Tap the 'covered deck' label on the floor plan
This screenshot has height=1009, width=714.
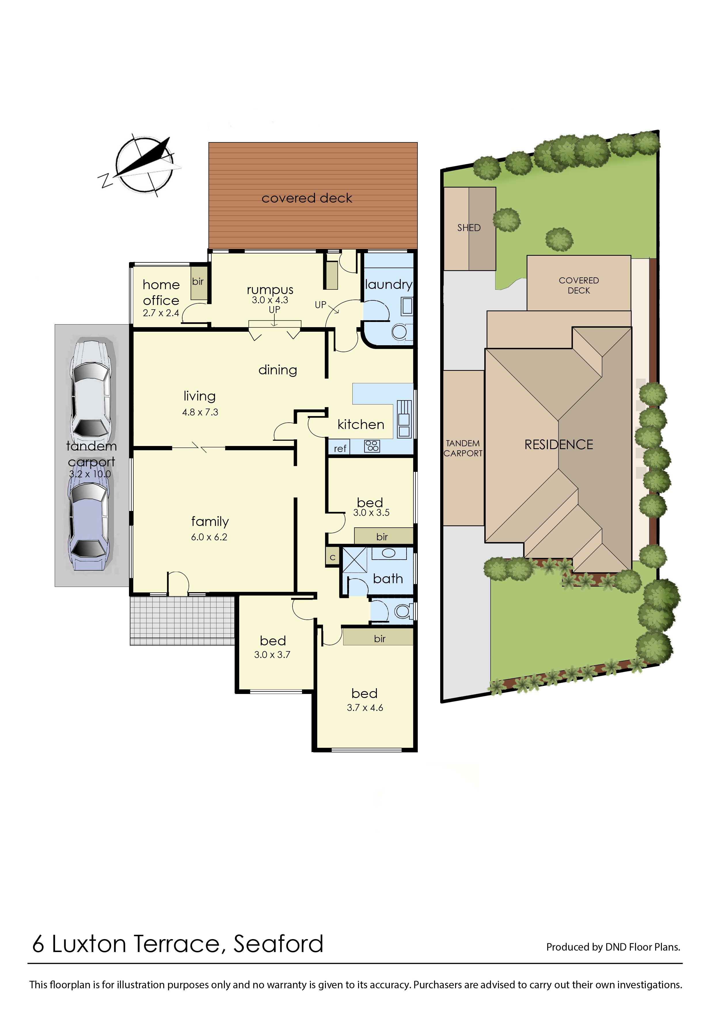(307, 198)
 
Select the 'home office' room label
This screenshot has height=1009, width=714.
(161, 293)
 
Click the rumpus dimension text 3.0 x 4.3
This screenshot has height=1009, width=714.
(270, 300)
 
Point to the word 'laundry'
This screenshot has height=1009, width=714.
(389, 285)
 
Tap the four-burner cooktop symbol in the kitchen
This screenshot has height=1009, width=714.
(372, 446)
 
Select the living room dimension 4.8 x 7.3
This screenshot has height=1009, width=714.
(200, 412)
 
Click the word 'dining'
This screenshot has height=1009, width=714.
(278, 370)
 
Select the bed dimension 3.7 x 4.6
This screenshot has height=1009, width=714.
(365, 707)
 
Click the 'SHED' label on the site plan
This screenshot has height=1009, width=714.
(469, 228)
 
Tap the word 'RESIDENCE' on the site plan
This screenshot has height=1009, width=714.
(558, 445)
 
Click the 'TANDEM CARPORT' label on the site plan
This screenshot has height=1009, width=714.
(463, 448)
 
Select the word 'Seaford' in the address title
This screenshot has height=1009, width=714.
(278, 943)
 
